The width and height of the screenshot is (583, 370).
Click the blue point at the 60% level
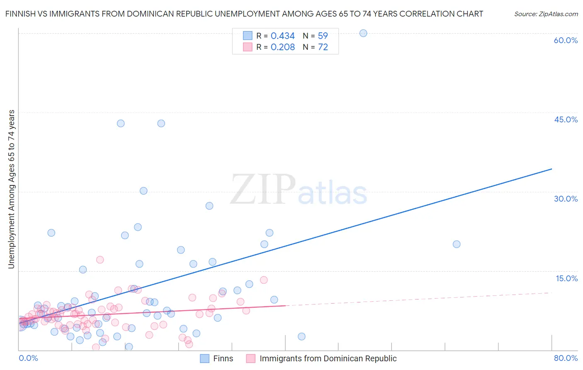363,33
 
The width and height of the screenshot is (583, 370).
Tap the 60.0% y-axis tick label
566,40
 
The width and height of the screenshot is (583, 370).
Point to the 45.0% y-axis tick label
566,119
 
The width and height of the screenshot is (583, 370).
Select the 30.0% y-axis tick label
566,199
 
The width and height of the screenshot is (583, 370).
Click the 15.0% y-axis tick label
566,278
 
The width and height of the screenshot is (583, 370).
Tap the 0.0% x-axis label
28,358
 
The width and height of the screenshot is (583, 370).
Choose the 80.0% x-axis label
566,358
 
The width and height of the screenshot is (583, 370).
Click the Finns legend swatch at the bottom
204,359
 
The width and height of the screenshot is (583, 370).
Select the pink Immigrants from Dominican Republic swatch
250,359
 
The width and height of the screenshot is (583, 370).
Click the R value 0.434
282,36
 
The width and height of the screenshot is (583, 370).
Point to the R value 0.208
282,47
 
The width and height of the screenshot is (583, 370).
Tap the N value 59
323,36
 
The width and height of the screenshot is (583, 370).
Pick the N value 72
323,47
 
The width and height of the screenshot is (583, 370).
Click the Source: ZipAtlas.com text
546,14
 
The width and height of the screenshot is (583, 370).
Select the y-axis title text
12,189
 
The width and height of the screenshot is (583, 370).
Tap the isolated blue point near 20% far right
457,244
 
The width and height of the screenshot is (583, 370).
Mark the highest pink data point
100,260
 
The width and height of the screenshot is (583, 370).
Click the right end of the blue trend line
551,169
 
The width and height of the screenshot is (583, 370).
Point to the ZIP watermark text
263,190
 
